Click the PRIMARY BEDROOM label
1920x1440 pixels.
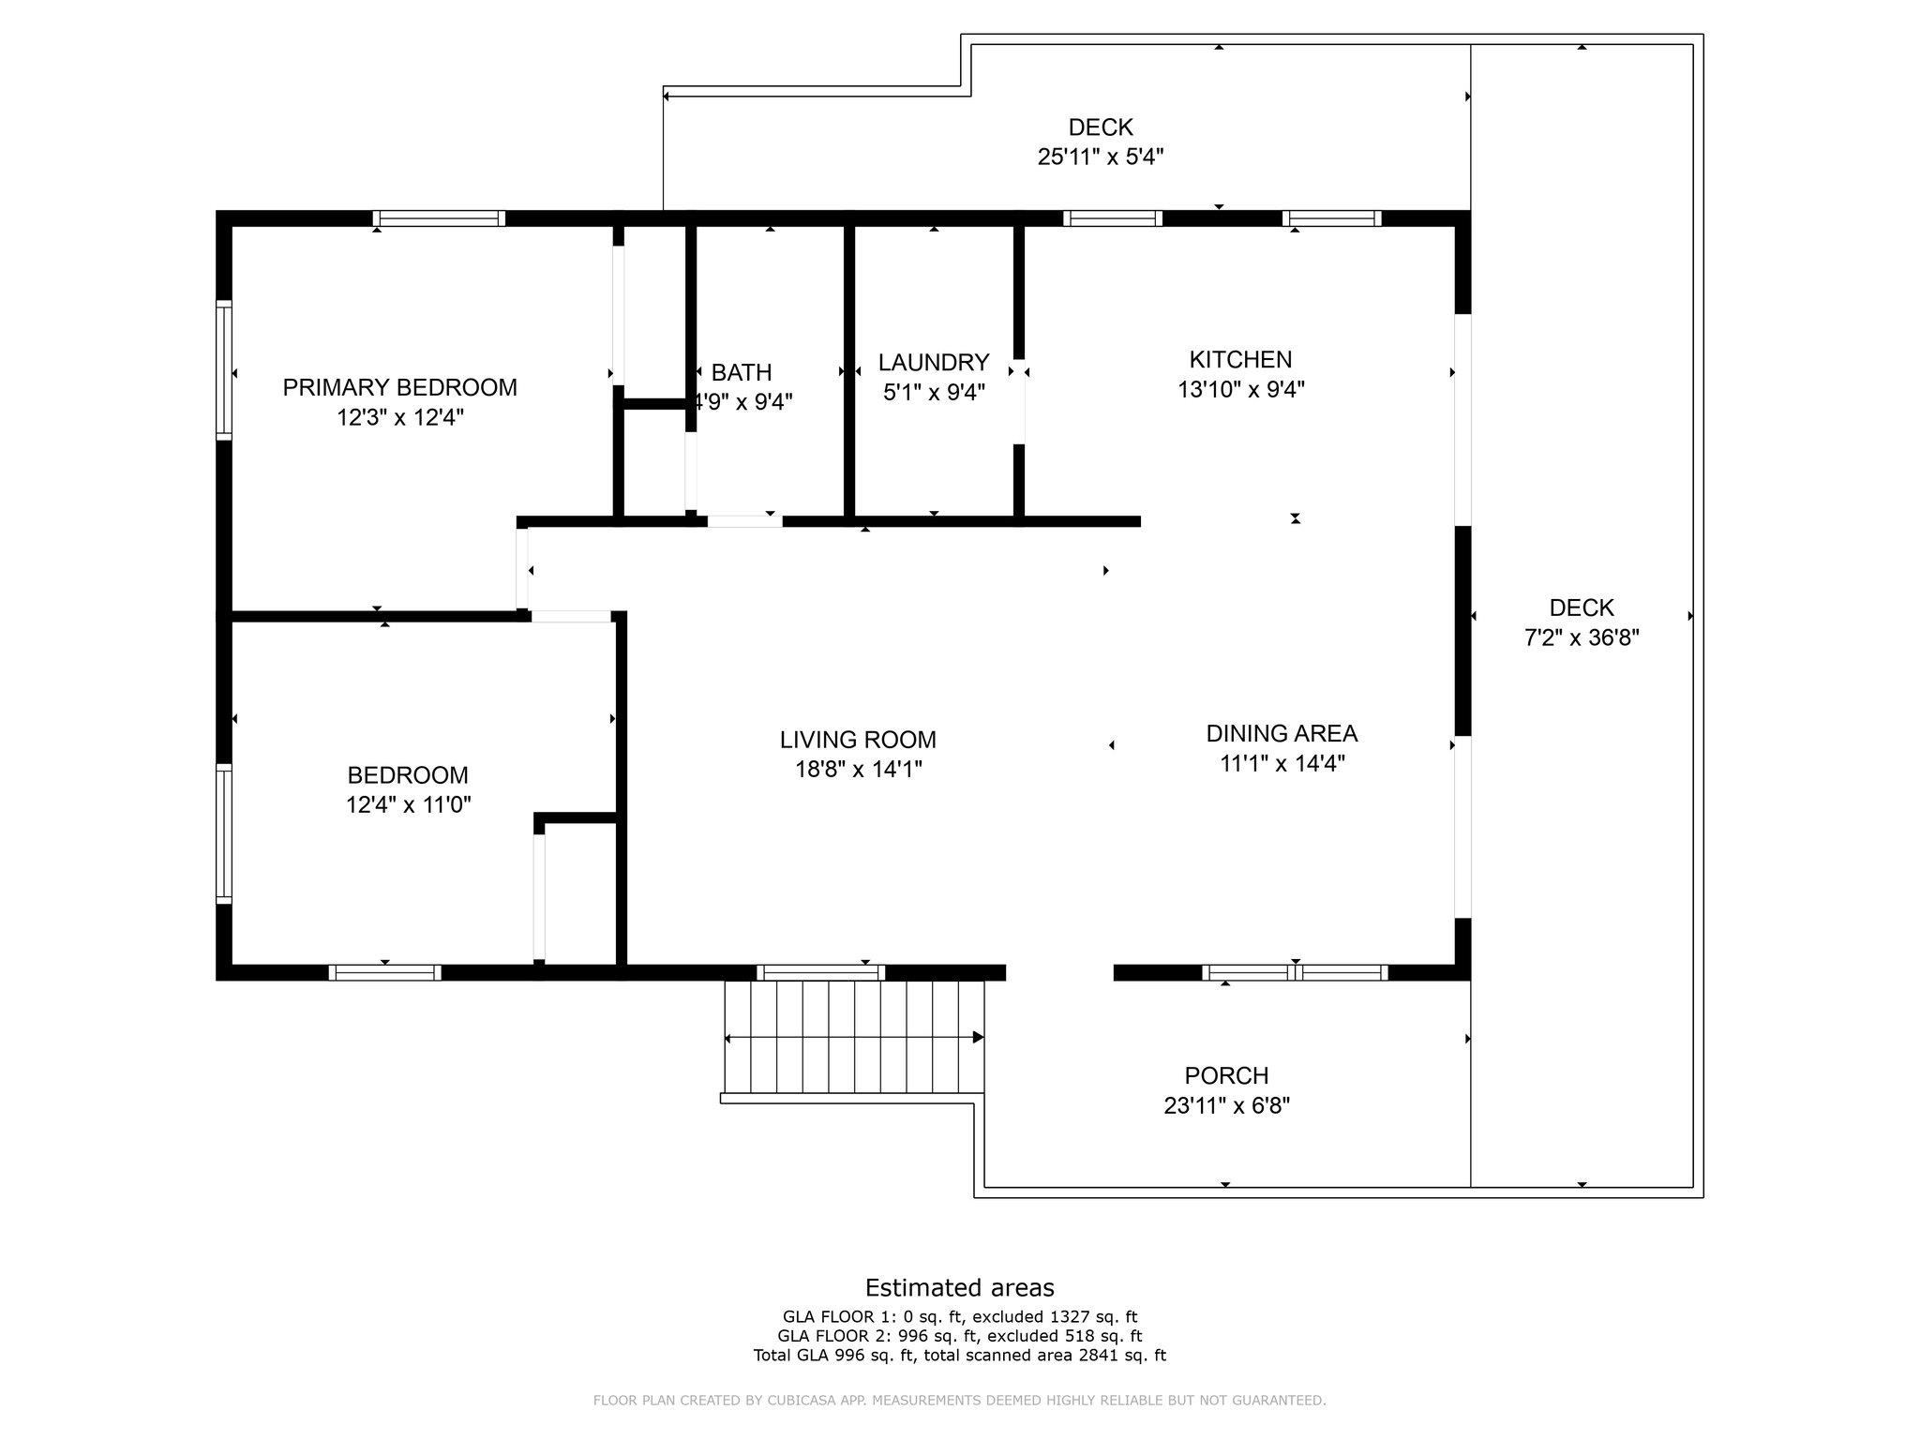[x=399, y=387]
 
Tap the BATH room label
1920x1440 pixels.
[x=742, y=372]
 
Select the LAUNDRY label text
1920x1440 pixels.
[x=934, y=362]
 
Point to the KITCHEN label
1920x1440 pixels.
[x=1240, y=359]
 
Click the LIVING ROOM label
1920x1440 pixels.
[x=858, y=740]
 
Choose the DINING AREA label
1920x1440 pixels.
[x=1282, y=733]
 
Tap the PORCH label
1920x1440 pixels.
[x=1226, y=1075]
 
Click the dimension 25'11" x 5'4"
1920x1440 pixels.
[x=1101, y=157]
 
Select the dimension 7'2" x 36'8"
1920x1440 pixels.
[x=1582, y=637]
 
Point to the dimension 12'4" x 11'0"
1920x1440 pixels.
[x=409, y=804]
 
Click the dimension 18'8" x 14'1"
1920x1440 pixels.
[x=859, y=770]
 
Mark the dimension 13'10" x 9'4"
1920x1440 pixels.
[x=1241, y=389]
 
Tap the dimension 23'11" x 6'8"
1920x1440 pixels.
[x=1226, y=1105]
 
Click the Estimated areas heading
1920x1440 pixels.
[x=959, y=1287]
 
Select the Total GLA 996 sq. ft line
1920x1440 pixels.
[x=960, y=1355]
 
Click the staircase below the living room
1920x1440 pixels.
[x=854, y=1038]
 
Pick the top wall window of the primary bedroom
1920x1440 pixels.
[x=439, y=218]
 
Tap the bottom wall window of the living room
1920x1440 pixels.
[x=820, y=972]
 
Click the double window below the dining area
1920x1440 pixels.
[x=1296, y=972]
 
